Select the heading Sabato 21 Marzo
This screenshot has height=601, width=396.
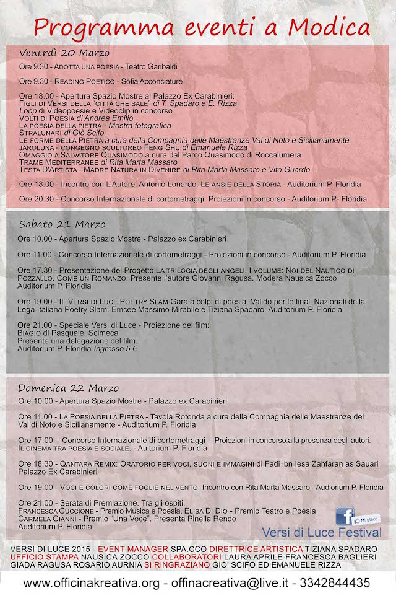click(62, 224)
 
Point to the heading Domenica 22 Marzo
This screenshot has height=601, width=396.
click(69, 388)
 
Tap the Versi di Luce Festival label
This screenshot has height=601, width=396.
click(322, 532)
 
